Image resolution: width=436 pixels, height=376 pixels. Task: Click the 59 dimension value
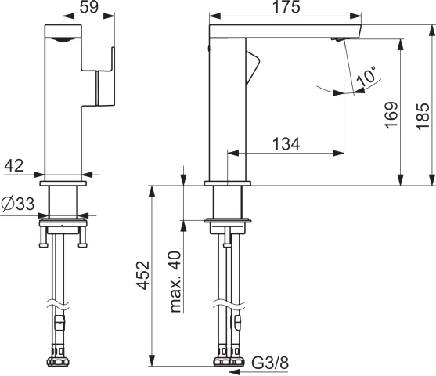pos(89,7)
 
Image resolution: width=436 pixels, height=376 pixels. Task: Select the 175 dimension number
pos(286,7)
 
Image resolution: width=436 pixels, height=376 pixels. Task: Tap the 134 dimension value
pos(286,144)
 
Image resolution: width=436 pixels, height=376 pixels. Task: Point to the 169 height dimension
pos(391,114)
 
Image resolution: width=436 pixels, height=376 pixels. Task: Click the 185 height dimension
pos(423,116)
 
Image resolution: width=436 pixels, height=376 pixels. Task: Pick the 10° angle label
pos(366,76)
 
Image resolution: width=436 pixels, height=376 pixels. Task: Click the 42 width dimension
pos(14,166)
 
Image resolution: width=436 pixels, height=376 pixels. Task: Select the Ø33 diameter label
pos(18,204)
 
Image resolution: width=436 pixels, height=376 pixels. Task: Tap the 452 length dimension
pos(143,275)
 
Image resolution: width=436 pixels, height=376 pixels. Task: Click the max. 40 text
pos(175,282)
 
